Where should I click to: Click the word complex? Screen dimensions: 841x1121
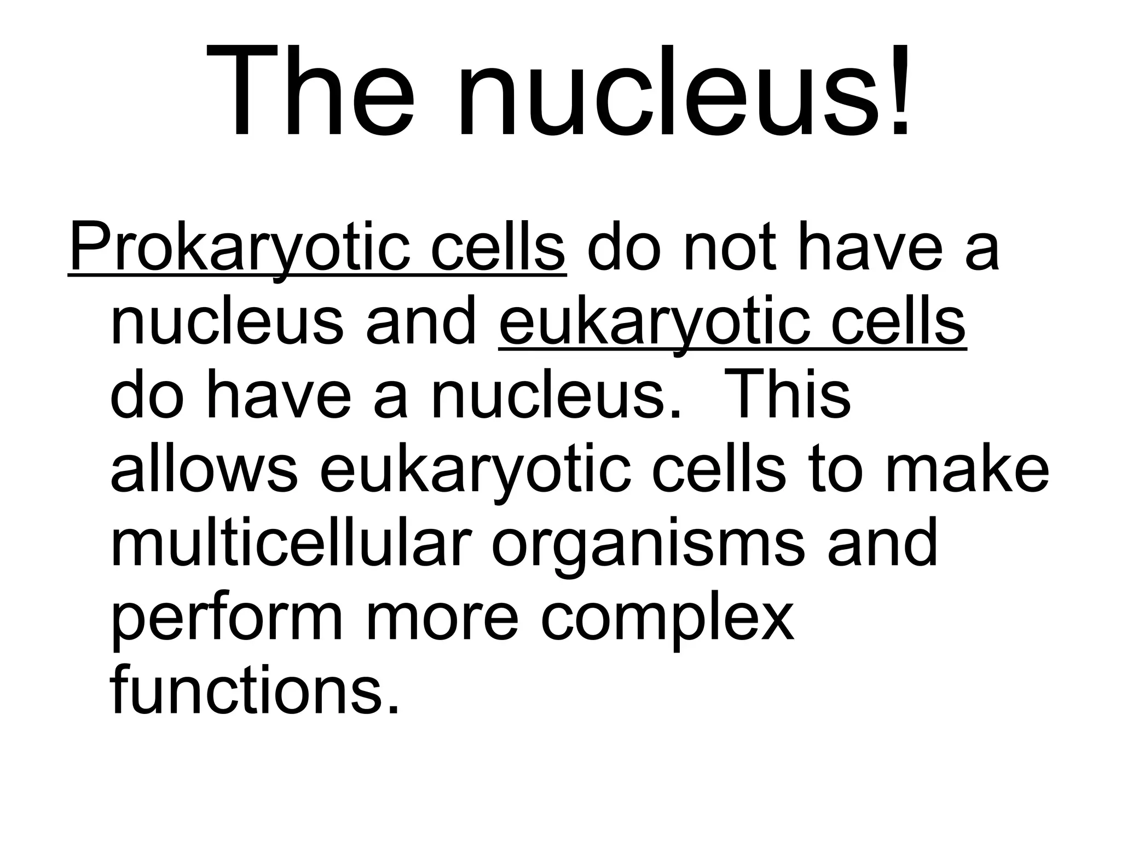point(667,619)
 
